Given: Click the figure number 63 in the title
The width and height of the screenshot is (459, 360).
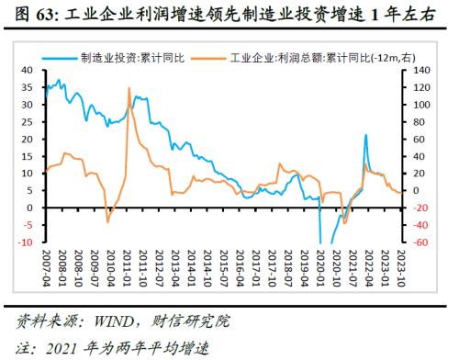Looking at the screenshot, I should pyautogui.click(x=40, y=13).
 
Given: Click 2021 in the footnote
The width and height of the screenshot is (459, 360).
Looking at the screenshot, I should pyautogui.click(x=70, y=348).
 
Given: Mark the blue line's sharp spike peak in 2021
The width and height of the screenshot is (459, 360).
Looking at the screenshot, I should pyautogui.click(x=366, y=135).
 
